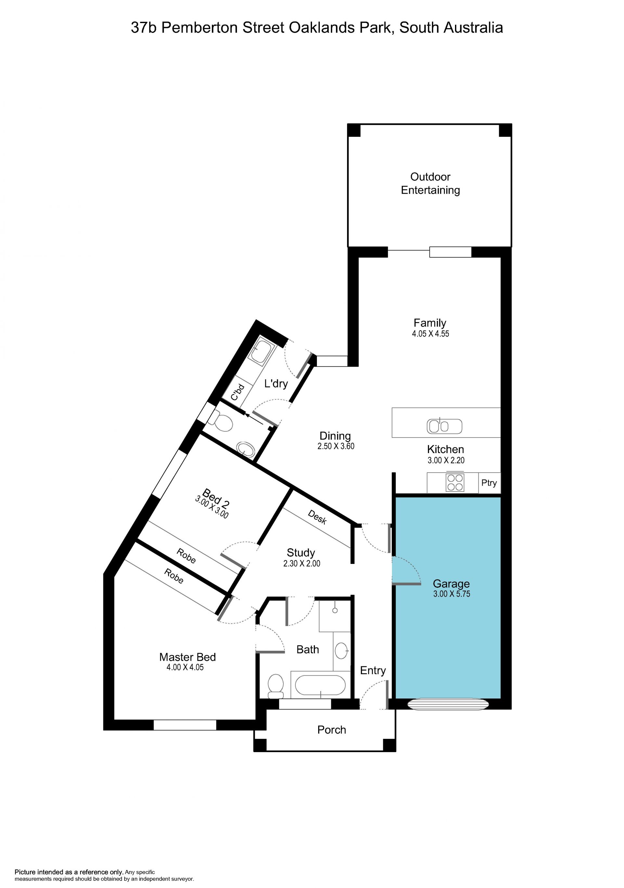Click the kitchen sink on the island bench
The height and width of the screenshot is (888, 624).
[x=444, y=426]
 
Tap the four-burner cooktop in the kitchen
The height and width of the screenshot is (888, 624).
[x=455, y=483]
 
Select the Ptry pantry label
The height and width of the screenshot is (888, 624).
[x=489, y=483]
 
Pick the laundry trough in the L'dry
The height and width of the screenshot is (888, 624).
[x=262, y=351]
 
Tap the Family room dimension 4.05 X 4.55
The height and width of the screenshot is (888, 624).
[x=430, y=334]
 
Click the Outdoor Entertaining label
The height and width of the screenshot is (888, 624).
[x=430, y=183]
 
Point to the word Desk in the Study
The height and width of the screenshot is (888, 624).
[x=318, y=517]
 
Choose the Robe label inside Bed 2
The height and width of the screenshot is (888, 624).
[x=186, y=556]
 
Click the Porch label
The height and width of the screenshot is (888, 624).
[x=332, y=730]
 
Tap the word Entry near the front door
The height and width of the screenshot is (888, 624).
[x=373, y=671]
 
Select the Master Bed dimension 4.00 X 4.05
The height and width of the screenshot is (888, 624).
[x=185, y=667]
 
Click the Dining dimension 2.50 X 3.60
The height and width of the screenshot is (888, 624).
[x=336, y=446]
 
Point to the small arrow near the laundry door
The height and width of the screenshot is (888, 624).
[x=253, y=418]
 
